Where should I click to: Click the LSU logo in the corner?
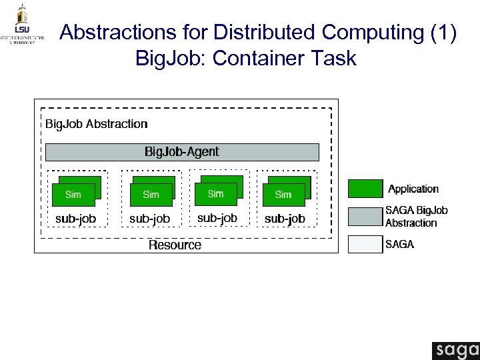[x=23, y=25]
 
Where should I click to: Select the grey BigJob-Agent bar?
[x=182, y=152]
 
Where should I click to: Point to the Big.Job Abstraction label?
[x=97, y=124]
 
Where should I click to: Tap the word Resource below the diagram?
[x=175, y=245]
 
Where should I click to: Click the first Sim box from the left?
[x=73, y=195]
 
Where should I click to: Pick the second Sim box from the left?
[x=151, y=195]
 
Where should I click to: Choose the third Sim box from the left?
[x=215, y=194]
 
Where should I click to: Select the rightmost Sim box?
[x=283, y=195]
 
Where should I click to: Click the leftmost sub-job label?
[x=76, y=219]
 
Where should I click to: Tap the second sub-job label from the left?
[x=150, y=219]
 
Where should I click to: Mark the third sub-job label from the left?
[x=217, y=218]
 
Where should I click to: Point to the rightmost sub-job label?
[x=285, y=219]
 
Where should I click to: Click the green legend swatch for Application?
[x=365, y=189]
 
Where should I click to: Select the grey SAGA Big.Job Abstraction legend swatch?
[x=365, y=217]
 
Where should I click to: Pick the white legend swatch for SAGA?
[x=365, y=245]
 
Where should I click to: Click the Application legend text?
[x=413, y=189]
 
